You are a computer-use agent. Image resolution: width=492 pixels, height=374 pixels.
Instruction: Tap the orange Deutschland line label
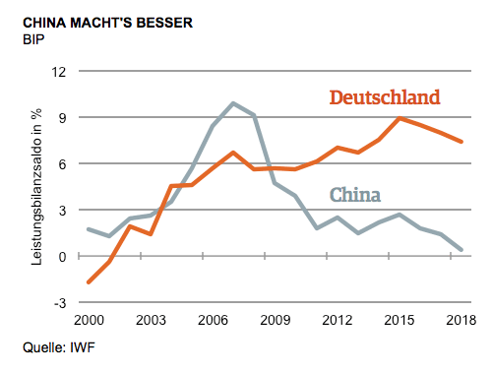pyautogui.click(x=384, y=97)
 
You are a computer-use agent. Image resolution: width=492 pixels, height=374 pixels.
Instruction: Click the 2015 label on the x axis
pyautogui.click(x=399, y=320)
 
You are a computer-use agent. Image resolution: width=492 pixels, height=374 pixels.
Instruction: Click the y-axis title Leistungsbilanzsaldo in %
pyautogui.click(x=35, y=187)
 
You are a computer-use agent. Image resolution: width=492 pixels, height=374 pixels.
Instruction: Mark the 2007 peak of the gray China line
pyautogui.click(x=233, y=103)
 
